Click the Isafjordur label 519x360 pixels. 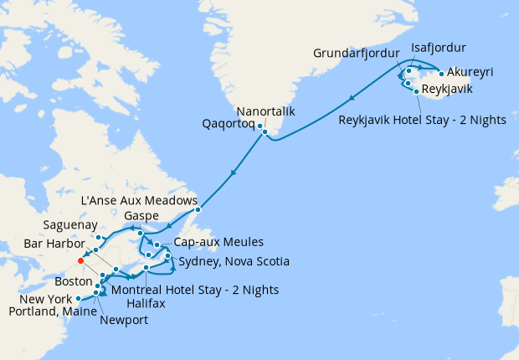[439, 47]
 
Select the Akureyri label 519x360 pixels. [470, 73]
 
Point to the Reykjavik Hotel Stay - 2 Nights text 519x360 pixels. [422, 120]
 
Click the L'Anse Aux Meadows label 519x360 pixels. [139, 202]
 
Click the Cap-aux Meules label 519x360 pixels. [214, 242]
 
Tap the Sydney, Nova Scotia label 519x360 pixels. [234, 262]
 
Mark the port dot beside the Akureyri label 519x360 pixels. [441, 74]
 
